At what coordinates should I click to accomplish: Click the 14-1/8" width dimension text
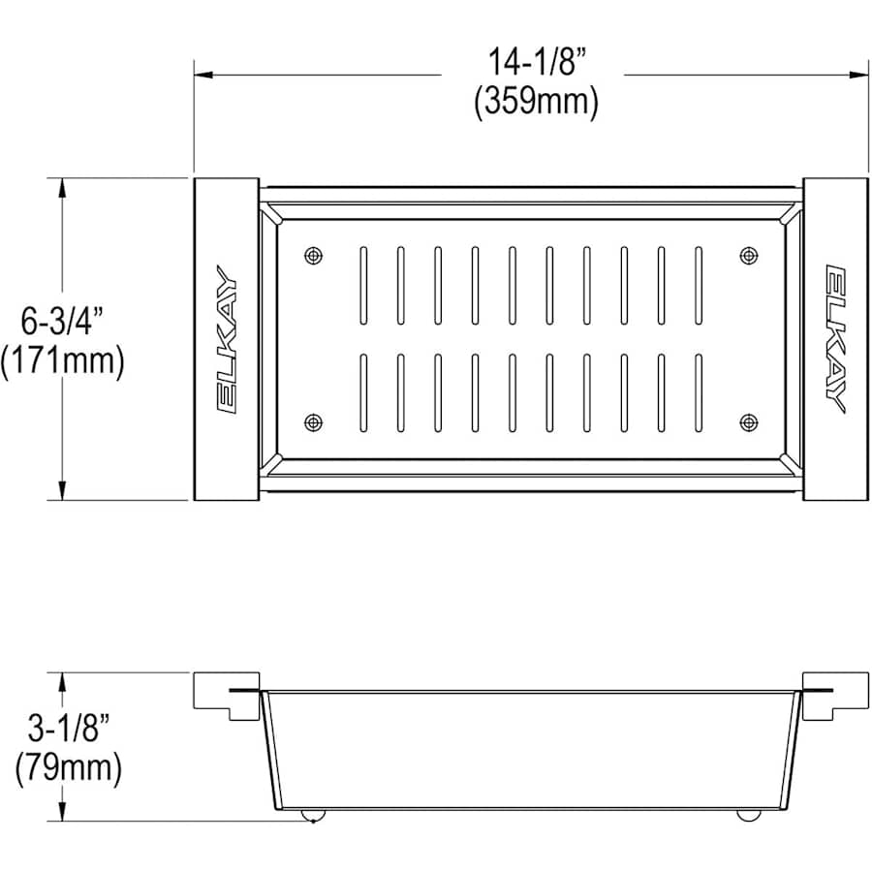(x=538, y=61)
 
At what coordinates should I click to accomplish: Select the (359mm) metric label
(x=536, y=102)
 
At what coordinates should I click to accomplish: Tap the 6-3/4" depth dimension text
(x=63, y=321)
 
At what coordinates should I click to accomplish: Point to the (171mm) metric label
(x=62, y=362)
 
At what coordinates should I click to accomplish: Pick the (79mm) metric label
(x=69, y=768)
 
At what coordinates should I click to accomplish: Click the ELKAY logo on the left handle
(x=227, y=339)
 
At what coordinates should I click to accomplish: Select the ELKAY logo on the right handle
(x=836, y=339)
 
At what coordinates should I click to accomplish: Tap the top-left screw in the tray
(x=314, y=256)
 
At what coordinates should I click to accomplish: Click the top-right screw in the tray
(x=749, y=256)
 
